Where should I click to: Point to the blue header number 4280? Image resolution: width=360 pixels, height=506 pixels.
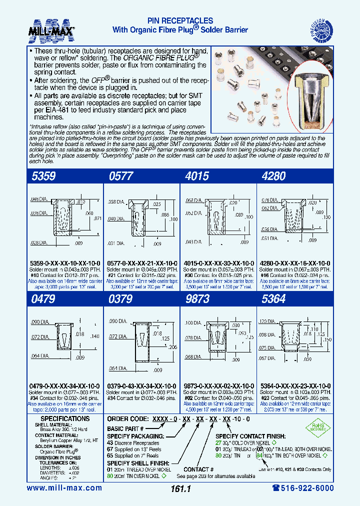(274, 176)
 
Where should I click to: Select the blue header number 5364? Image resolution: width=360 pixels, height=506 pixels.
(274, 299)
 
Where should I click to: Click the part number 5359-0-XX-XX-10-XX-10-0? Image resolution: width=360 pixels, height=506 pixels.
(63, 263)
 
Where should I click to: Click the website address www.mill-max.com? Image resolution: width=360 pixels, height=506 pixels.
(64, 488)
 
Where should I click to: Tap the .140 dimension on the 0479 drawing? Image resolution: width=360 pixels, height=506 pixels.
(94, 337)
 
